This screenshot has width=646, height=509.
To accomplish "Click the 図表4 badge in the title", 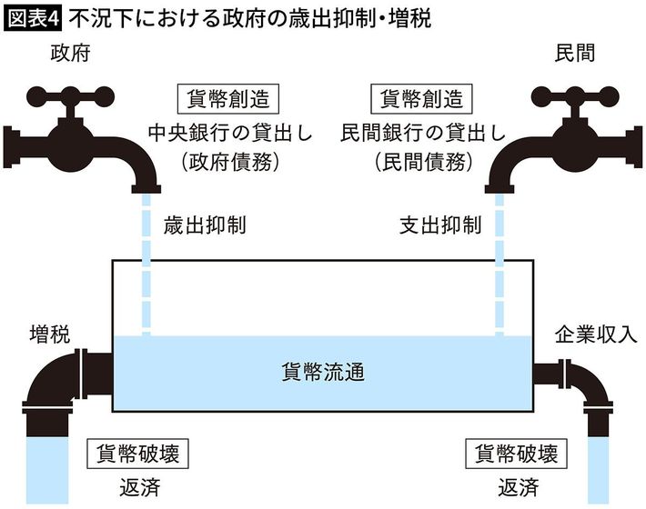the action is [x=33, y=19].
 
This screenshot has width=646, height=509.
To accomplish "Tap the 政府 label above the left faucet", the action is [x=70, y=54].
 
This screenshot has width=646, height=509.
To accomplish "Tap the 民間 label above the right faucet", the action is [x=575, y=54].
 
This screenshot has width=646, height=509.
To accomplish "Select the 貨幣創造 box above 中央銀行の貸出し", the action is [x=228, y=99].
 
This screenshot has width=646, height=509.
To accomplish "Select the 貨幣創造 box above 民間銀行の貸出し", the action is [x=421, y=99].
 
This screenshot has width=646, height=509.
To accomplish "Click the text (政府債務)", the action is [x=230, y=162].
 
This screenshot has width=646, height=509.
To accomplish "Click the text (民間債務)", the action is [x=423, y=162].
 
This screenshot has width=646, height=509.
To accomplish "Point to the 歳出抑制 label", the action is [x=205, y=225].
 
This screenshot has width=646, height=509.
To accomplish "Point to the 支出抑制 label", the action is [x=440, y=225].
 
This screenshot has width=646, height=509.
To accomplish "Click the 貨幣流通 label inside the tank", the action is [x=323, y=373].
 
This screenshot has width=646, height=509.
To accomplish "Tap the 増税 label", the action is [x=50, y=334].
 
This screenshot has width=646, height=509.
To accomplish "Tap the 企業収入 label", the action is [x=596, y=334].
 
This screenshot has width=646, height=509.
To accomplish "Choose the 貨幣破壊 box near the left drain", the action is [x=137, y=454].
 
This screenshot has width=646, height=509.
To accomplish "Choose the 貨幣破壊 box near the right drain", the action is [x=517, y=454].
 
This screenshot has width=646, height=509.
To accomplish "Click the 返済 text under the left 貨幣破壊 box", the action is [x=140, y=487].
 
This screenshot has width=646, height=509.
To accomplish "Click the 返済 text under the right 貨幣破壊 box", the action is [x=519, y=487].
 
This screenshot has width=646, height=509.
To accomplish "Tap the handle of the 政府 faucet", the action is [x=70, y=97].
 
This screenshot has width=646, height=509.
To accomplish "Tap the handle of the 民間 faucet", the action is [x=575, y=97].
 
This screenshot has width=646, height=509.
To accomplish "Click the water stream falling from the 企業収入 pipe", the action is [x=598, y=470].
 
